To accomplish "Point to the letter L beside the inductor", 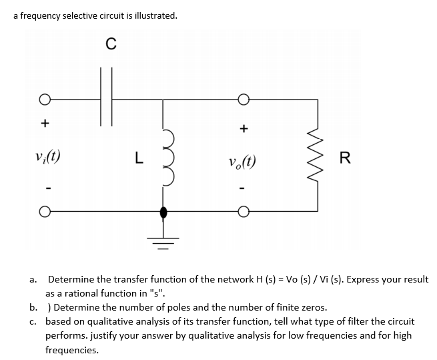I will [137, 158].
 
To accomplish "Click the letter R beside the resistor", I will [344, 158].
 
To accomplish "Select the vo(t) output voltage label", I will [243, 160].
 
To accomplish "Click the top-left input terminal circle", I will [44, 101].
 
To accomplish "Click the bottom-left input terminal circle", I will [44, 214].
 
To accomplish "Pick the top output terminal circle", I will [244, 101].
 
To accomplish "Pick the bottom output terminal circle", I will [244, 214].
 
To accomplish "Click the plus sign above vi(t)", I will [45, 123].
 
